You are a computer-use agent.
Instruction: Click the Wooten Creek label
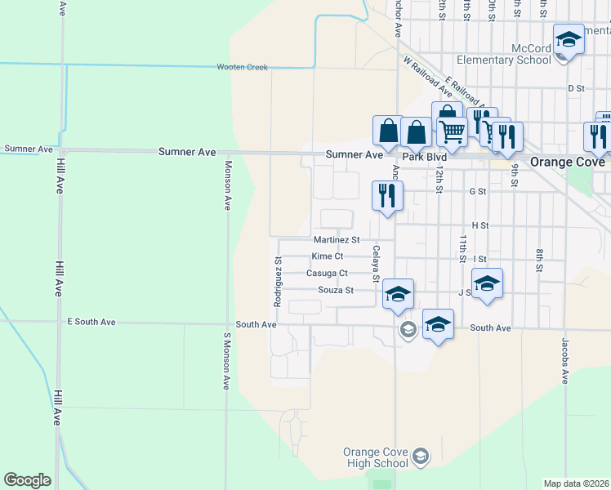click(x=242, y=67)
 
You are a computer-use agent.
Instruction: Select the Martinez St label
click(x=337, y=240)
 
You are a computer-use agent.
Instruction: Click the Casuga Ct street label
click(x=327, y=274)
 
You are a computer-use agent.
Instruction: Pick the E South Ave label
click(x=91, y=323)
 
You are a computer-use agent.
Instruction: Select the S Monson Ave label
click(x=227, y=360)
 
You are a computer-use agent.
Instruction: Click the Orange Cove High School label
click(x=375, y=458)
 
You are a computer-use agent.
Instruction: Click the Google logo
click(x=27, y=480)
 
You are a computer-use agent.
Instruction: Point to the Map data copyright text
click(x=577, y=483)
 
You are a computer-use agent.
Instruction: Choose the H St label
click(x=479, y=225)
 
